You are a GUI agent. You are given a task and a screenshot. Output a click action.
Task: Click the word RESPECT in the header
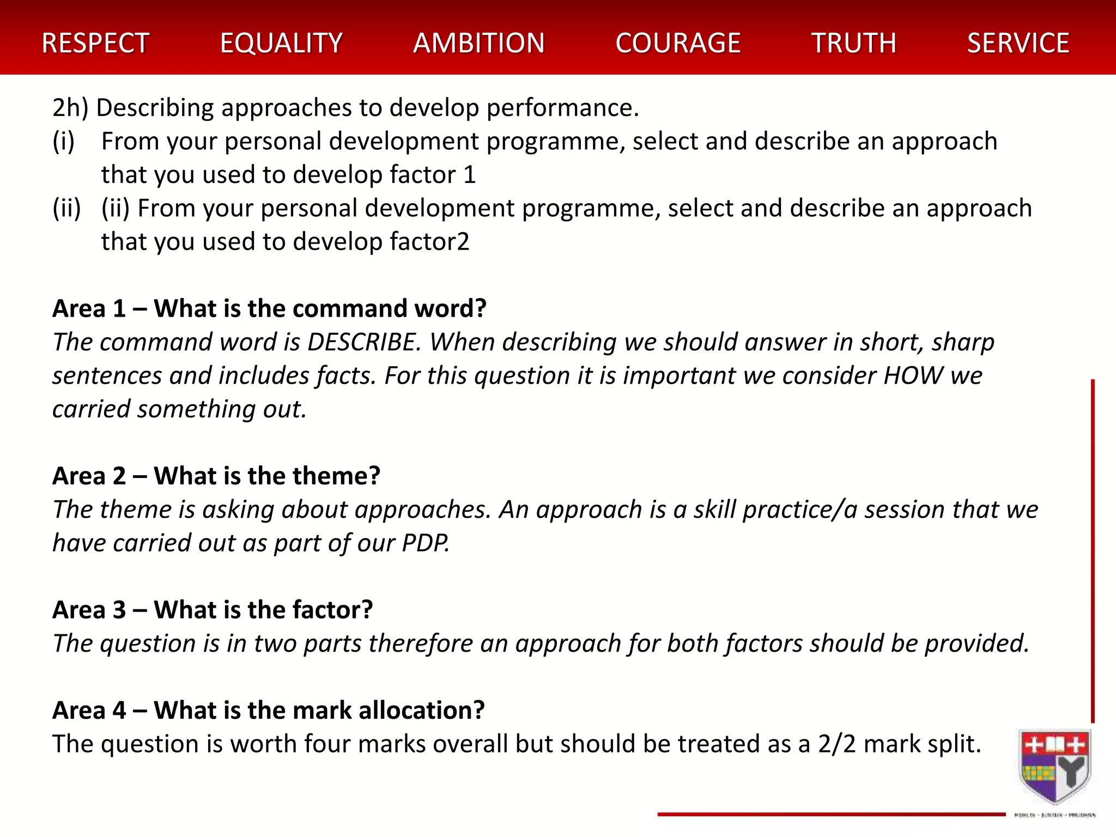pos(95,43)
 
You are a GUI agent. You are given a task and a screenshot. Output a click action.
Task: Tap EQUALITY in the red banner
pos(281,43)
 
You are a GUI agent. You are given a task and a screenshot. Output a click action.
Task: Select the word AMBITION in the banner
pos(479,43)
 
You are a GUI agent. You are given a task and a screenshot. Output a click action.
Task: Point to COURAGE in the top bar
pos(678,43)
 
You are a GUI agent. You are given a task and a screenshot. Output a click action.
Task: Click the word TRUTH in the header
pos(854,43)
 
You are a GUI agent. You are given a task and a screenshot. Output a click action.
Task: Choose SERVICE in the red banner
pos(1018,43)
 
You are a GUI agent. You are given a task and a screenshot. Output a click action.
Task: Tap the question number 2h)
pos(70,108)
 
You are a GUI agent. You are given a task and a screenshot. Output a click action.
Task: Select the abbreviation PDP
pos(426,543)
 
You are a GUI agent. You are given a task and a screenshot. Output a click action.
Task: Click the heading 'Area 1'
pos(89,308)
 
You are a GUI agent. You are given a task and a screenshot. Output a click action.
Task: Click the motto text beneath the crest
pos(1055,815)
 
